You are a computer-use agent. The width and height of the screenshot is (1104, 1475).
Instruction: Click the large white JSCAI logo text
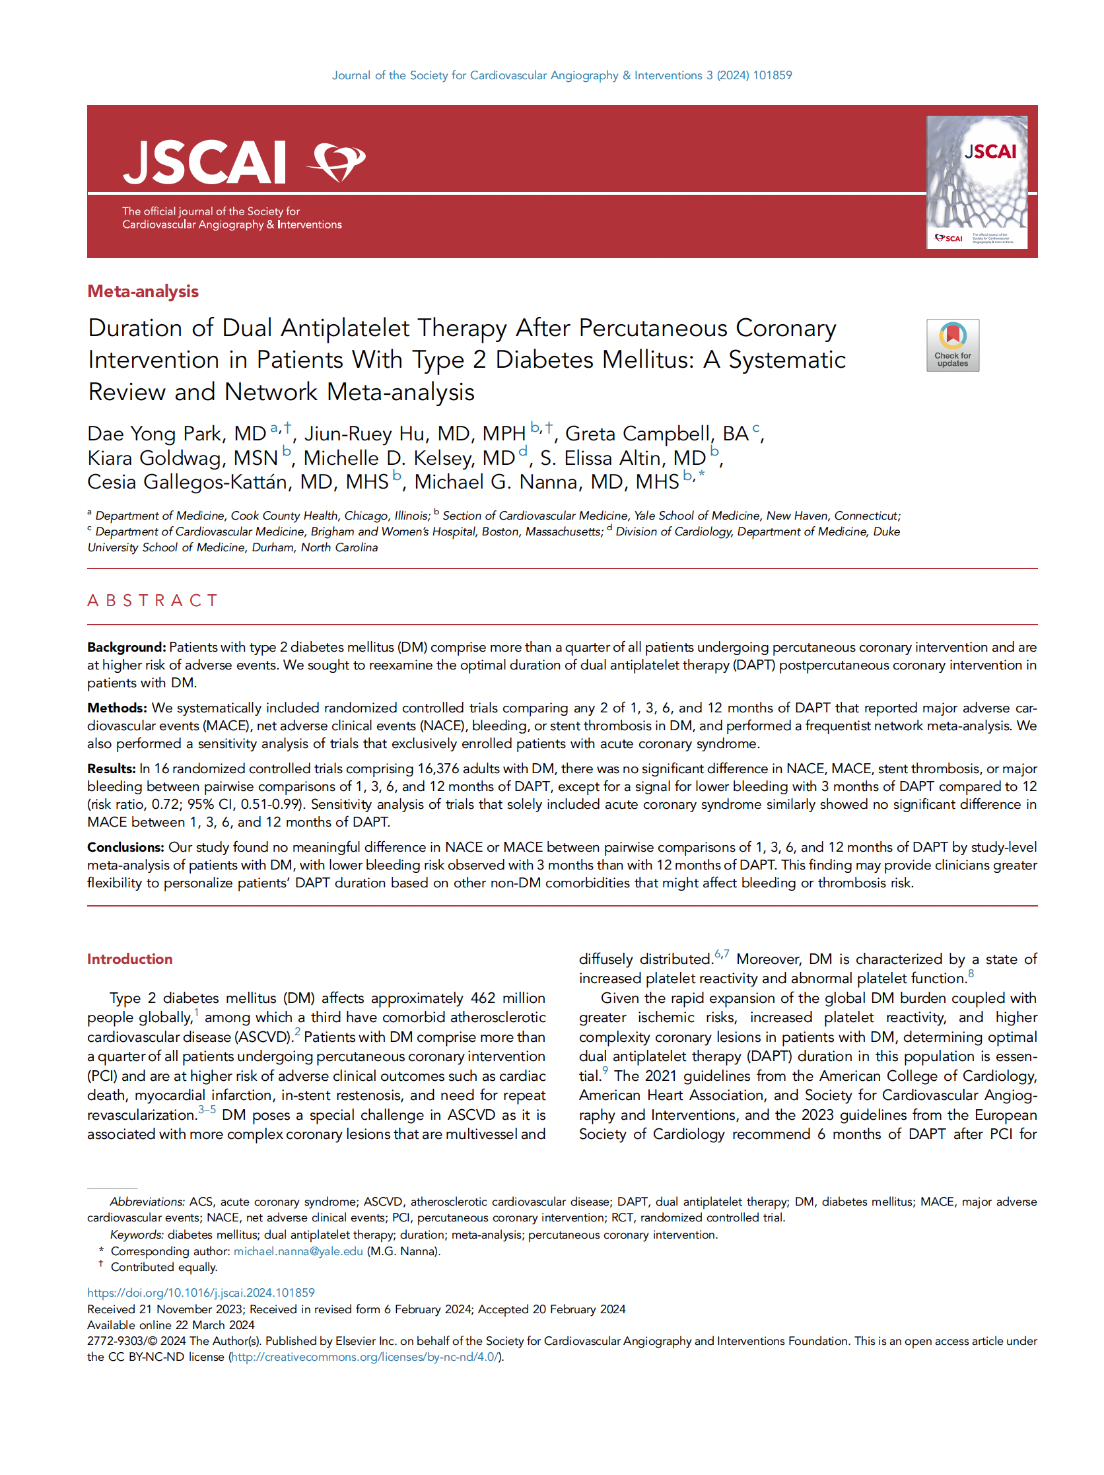tap(205, 162)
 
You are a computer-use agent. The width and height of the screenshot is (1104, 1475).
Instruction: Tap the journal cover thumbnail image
tap(976, 182)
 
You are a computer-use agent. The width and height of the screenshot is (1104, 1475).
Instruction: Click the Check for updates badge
tap(952, 345)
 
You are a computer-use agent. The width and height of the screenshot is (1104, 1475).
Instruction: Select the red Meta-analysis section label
tap(143, 291)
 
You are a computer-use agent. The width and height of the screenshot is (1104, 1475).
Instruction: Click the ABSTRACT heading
tap(153, 601)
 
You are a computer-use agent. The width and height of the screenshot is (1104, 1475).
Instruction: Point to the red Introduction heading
tap(130, 959)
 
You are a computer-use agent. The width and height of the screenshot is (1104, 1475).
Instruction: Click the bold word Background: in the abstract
tap(126, 647)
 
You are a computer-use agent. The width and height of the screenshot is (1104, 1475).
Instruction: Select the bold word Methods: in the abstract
tap(118, 708)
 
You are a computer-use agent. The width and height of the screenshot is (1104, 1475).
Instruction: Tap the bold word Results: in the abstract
tap(112, 768)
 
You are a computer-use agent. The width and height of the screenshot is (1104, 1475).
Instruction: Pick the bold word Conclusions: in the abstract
tap(126, 847)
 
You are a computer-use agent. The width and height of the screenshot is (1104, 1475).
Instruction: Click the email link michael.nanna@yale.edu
tap(298, 1251)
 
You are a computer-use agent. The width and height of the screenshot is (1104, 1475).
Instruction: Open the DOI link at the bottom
tap(201, 1293)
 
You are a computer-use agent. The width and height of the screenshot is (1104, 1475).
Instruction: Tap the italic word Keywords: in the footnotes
tap(137, 1235)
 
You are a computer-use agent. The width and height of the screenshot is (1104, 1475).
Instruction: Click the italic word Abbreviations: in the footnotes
tap(147, 1202)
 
